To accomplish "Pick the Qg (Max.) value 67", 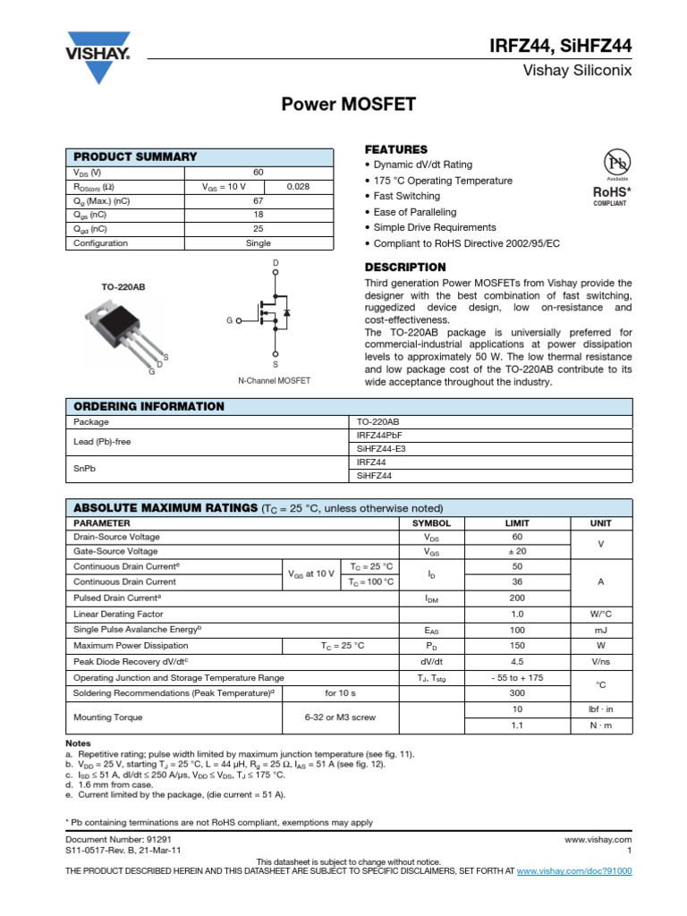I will [258, 201].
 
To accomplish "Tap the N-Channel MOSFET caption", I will [275, 380].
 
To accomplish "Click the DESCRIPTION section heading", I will [405, 267].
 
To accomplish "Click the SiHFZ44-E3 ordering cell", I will [381, 449].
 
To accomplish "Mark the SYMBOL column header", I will [430, 522].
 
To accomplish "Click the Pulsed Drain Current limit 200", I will [516, 598].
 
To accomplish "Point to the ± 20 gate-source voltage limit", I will [516, 552].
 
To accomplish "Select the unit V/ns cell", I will [600, 662].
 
